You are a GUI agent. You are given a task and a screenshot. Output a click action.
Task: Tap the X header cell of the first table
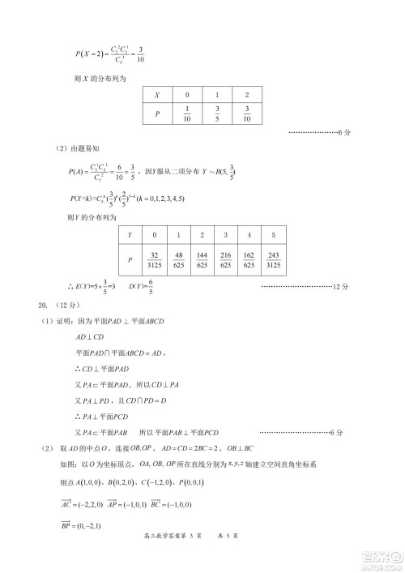click(x=157, y=94)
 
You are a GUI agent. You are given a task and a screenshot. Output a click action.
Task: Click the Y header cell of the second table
click(x=130, y=235)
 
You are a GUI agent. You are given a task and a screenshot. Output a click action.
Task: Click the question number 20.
click(x=44, y=306)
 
